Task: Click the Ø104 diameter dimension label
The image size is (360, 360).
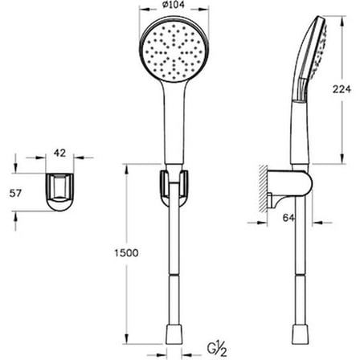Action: [x=174, y=5]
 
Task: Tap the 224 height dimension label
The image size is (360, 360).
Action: [x=342, y=89]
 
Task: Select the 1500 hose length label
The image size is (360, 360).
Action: [x=126, y=253]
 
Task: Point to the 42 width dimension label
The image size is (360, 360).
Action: [x=59, y=153]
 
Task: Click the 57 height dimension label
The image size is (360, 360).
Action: [x=15, y=193]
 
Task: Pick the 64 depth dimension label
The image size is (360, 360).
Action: [x=288, y=218]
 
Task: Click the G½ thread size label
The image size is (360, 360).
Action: [x=217, y=350]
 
